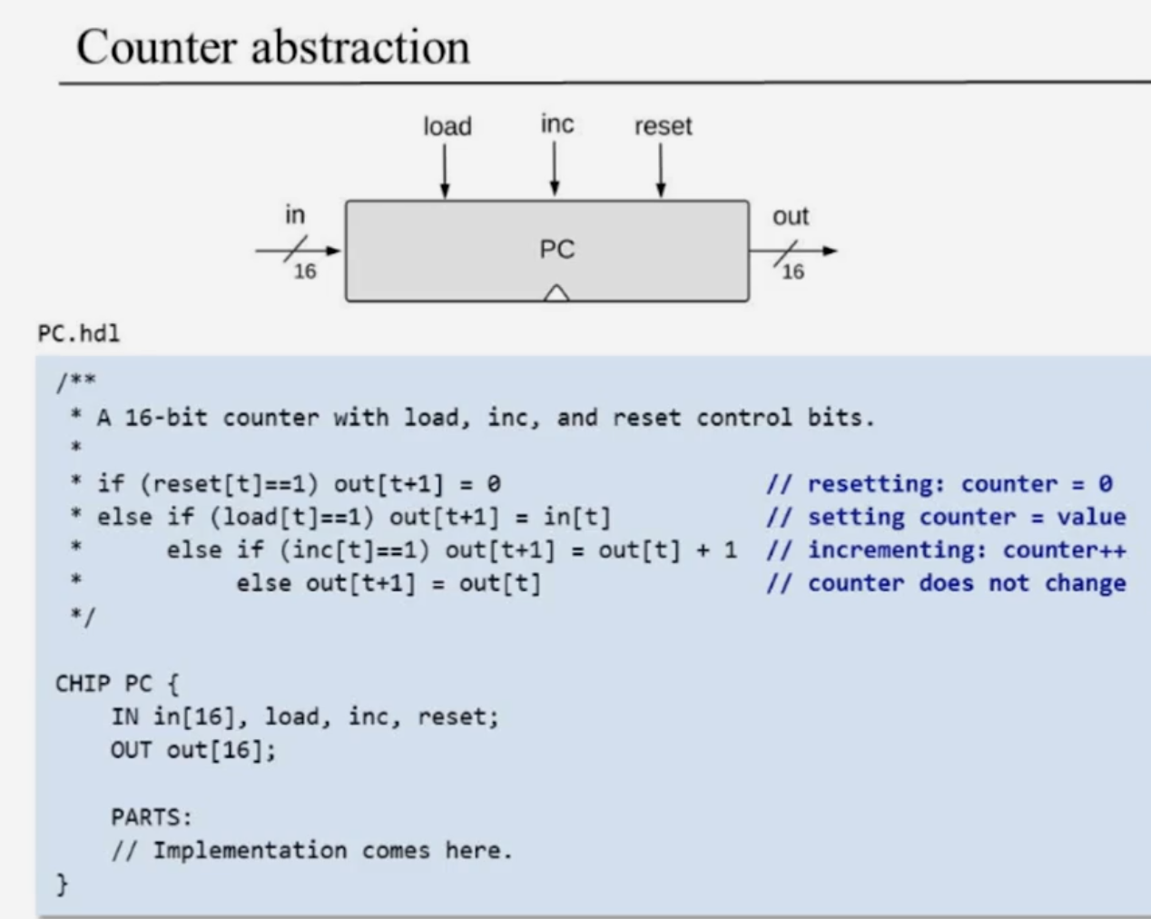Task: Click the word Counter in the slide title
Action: [155, 47]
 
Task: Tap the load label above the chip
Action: [447, 126]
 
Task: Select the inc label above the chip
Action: [556, 124]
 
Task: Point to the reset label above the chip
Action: [663, 126]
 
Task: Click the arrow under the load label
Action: [445, 172]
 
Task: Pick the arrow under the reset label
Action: [661, 172]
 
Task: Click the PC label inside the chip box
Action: [556, 249]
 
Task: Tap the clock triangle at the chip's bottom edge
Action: [556, 292]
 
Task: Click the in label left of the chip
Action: [295, 215]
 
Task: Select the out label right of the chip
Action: [790, 216]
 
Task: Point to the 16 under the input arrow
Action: [305, 272]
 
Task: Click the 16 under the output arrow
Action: [792, 272]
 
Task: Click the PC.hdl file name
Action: [79, 333]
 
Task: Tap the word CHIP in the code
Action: [83, 683]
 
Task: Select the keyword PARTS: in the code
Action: [152, 816]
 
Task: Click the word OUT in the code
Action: [131, 750]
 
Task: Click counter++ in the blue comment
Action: [1064, 550]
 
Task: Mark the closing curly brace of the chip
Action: [62, 884]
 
